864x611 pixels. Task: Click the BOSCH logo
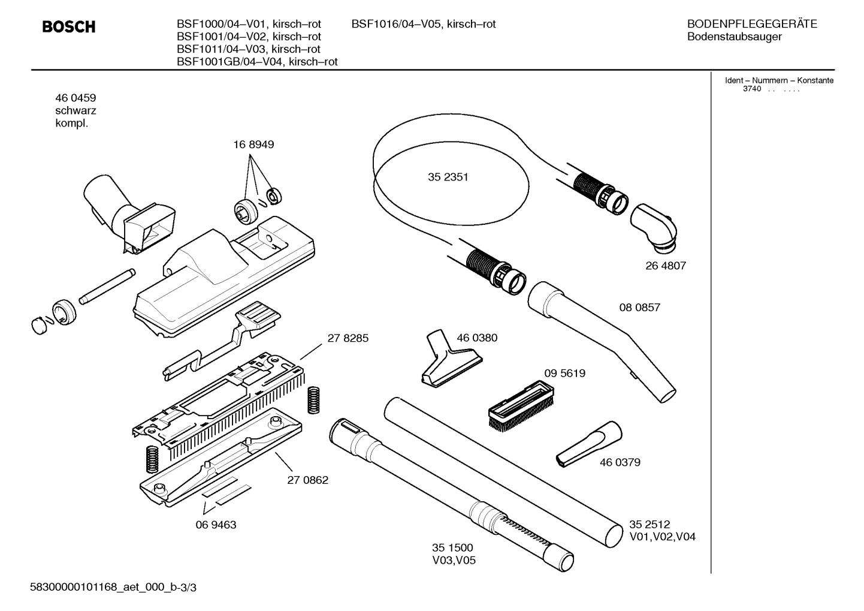coord(69,27)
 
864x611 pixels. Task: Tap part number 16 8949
coord(253,145)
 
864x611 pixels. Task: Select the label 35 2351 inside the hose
coord(448,177)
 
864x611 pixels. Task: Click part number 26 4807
coord(665,266)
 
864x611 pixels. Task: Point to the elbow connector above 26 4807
coord(654,227)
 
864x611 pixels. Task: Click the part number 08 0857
coord(639,308)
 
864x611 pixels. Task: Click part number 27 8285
coord(348,338)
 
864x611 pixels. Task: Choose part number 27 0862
coord(307,480)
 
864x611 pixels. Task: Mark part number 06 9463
coord(216,525)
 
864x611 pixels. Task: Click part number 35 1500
coord(452,547)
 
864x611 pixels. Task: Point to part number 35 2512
coord(649,523)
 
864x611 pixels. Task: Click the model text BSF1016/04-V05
coord(423,24)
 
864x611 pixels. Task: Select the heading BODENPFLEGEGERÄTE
coord(751,24)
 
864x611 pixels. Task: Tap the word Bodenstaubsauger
coord(734,37)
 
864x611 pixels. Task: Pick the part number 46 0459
coord(75,98)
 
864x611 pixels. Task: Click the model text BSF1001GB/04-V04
coord(257,62)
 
